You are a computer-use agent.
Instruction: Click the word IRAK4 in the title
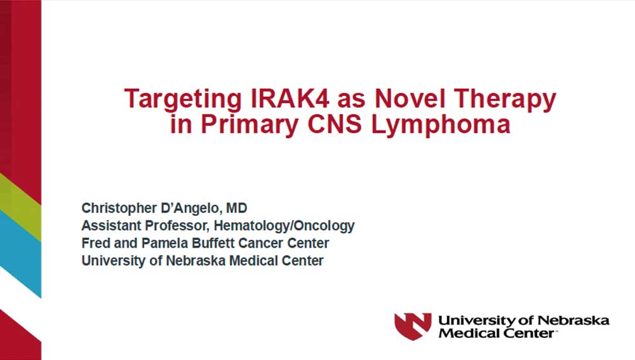(x=290, y=98)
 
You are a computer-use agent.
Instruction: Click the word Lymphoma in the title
(x=440, y=125)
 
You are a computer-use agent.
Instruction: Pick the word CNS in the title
(x=335, y=124)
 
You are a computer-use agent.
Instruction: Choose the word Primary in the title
(x=250, y=125)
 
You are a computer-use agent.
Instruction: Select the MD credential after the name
(x=237, y=208)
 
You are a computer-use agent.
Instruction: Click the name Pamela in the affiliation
(x=165, y=243)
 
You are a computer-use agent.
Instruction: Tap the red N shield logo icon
(x=413, y=326)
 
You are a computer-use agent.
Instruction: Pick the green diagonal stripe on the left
(x=20, y=206)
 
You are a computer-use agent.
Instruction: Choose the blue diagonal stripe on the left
(x=20, y=254)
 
